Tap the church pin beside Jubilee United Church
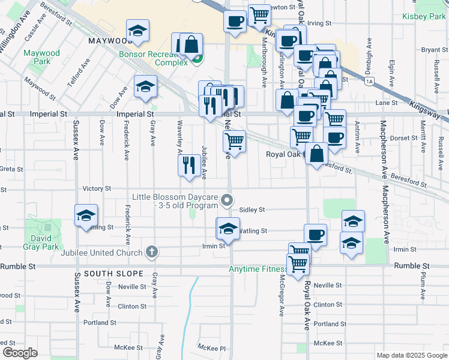(x=152, y=251)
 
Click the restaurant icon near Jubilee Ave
(x=189, y=164)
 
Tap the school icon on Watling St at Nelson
(x=228, y=228)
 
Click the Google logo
(x=19, y=353)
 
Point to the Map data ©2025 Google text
(x=411, y=355)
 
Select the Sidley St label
(x=252, y=209)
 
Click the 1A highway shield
(x=369, y=80)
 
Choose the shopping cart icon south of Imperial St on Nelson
(x=234, y=142)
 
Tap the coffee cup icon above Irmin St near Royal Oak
(x=315, y=234)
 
